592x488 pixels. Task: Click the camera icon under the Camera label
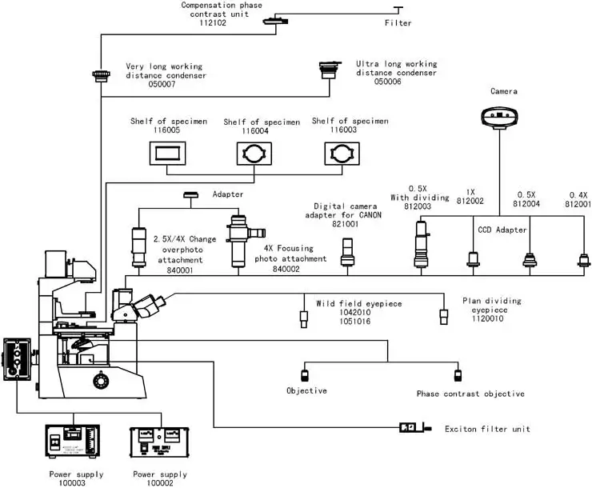pyautogui.click(x=499, y=116)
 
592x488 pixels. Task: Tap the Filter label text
pyautogui.click(x=398, y=23)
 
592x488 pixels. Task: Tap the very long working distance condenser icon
pyautogui.click(x=100, y=76)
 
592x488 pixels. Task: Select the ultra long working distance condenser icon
pyautogui.click(x=329, y=67)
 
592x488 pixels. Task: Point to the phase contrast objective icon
pyautogui.click(x=458, y=374)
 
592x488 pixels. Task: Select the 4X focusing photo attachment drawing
pyautogui.click(x=240, y=240)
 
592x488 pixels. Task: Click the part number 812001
pyautogui.click(x=578, y=204)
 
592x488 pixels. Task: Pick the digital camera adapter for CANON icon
pyautogui.click(x=347, y=253)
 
